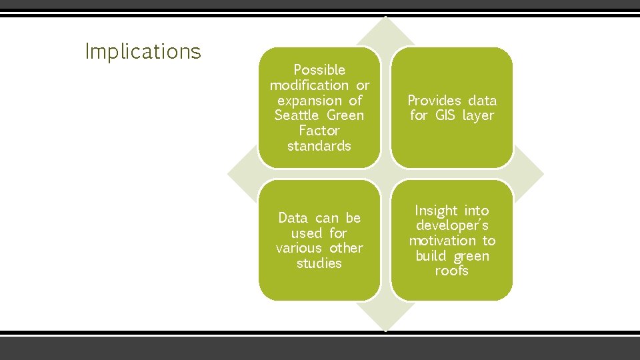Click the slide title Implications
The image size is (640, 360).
[x=143, y=51]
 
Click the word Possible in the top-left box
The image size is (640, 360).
[x=319, y=69]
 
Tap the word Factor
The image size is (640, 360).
[x=319, y=131]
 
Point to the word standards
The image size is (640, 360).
[x=319, y=146]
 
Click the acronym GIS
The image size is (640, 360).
[x=445, y=115]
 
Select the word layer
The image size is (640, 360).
[x=479, y=116]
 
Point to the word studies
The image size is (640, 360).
[x=319, y=263]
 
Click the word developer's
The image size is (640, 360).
[x=452, y=226]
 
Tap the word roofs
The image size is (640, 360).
[x=452, y=271]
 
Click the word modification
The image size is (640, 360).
[x=309, y=85]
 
